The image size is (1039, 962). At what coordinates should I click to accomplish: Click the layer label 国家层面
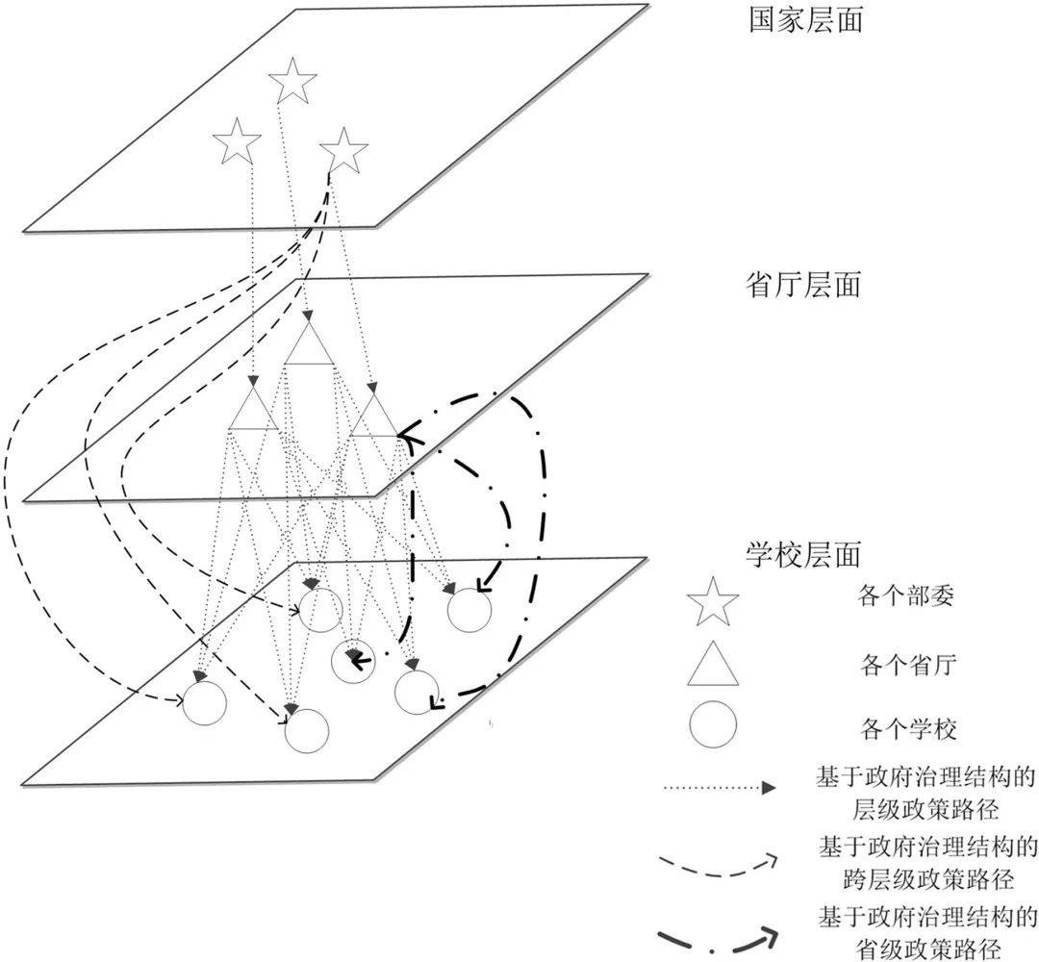(806, 20)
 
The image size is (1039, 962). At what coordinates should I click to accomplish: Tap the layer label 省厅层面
(803, 286)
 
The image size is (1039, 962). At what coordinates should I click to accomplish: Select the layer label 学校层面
(803, 554)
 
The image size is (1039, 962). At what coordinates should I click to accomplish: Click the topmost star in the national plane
(292, 81)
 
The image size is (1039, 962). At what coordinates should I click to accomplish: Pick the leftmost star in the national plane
(237, 141)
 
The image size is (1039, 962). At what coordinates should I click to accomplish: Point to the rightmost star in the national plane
(343, 150)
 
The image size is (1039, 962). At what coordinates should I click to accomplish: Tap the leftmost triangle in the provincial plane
(253, 408)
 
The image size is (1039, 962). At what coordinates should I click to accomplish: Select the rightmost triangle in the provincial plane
(374, 416)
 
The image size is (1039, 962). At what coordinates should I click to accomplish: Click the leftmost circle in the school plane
(204, 702)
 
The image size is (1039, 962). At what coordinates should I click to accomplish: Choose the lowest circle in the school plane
(307, 731)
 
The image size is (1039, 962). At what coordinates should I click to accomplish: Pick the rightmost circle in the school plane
(469, 610)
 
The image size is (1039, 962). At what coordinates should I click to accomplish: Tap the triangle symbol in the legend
(712, 663)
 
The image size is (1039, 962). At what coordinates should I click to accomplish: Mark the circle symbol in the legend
(712, 724)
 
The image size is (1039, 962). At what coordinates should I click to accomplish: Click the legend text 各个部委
(906, 596)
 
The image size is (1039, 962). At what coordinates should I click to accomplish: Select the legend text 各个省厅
(908, 664)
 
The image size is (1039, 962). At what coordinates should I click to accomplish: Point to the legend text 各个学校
(908, 729)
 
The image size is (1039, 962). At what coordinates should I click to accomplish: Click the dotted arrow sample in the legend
(720, 789)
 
